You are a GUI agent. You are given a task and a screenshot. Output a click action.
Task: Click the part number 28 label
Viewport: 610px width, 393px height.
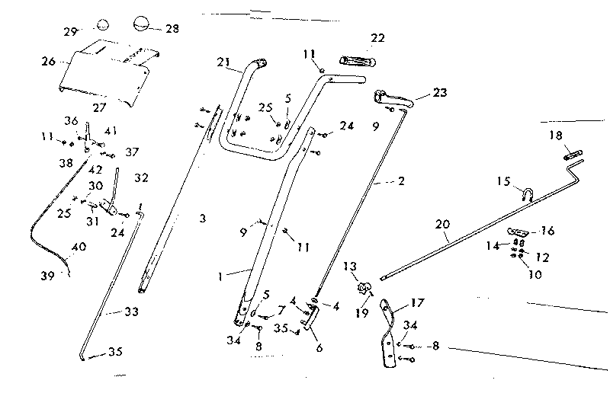point(172,28)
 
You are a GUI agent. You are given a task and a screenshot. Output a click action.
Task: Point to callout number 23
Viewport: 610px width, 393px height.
point(440,93)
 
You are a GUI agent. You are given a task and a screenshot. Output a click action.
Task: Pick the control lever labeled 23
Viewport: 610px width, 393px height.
point(393,98)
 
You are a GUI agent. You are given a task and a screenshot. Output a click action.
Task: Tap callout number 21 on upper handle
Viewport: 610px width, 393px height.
point(223,62)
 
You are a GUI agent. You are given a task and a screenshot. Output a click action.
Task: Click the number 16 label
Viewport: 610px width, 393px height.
point(547,230)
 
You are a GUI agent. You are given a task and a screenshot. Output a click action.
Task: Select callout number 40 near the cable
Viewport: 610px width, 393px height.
point(78,247)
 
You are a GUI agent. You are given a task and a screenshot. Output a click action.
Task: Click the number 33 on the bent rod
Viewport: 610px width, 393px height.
point(112,312)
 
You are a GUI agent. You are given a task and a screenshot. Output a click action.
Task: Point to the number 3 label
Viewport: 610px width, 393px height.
point(202,219)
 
